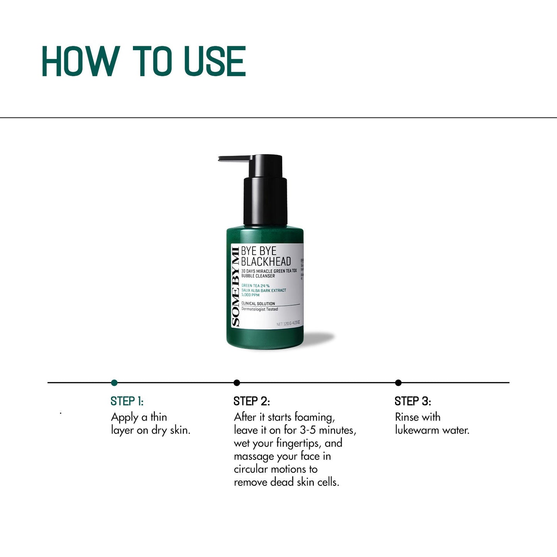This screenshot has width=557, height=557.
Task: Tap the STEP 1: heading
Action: tap(127, 401)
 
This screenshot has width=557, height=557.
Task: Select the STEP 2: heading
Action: tap(251, 401)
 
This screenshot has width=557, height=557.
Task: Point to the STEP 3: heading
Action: tap(412, 401)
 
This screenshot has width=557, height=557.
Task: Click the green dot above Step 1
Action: tap(114, 383)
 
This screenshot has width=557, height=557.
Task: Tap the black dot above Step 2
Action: tap(237, 383)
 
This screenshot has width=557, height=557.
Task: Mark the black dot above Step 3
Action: tap(398, 383)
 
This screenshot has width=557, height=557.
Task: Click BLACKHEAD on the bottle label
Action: tap(266, 262)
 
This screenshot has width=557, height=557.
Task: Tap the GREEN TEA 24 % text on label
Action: tap(255, 286)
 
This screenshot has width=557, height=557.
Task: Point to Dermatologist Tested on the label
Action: tap(259, 309)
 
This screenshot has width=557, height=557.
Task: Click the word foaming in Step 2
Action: tap(315, 417)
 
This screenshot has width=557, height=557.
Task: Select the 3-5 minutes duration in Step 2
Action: tap(328, 430)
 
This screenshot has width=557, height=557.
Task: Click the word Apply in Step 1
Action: tap(125, 417)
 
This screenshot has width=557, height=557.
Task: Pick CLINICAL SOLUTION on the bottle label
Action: tap(258, 304)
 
